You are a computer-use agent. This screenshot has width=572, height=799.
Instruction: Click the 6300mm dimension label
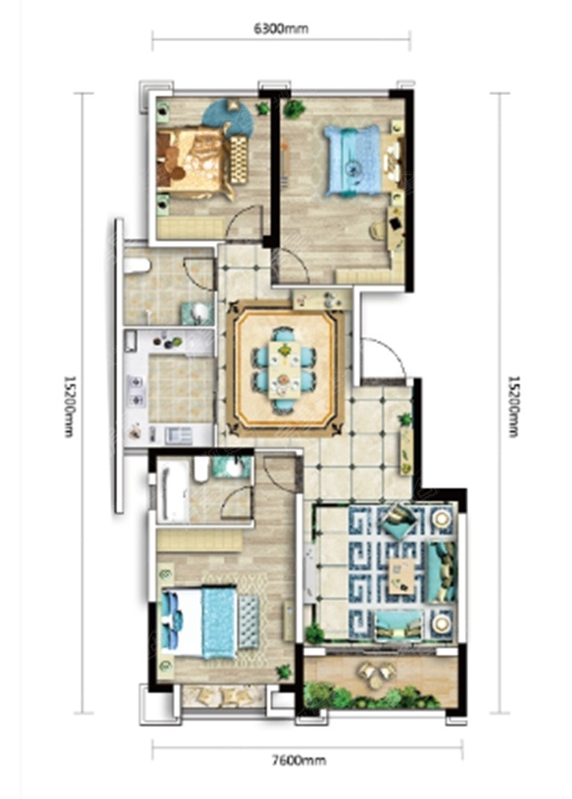(x=281, y=28)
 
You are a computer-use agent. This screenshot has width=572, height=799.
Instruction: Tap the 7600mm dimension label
(x=298, y=761)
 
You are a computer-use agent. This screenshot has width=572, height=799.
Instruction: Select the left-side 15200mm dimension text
(x=68, y=406)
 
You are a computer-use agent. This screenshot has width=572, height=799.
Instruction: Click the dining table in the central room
(x=285, y=369)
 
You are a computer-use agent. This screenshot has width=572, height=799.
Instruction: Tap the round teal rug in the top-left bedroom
(x=228, y=118)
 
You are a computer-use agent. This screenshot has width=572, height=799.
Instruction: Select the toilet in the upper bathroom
(x=137, y=265)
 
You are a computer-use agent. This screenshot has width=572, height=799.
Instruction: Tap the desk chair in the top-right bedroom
(x=377, y=230)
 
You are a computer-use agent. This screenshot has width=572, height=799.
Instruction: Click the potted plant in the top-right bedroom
(x=294, y=108)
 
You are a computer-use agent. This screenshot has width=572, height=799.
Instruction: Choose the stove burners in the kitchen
(x=137, y=390)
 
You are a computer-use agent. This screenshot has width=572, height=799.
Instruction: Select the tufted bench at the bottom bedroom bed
(x=249, y=621)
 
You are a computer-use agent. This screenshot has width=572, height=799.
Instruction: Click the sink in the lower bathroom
(x=233, y=467)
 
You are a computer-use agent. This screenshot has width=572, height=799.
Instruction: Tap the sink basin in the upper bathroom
(x=198, y=312)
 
